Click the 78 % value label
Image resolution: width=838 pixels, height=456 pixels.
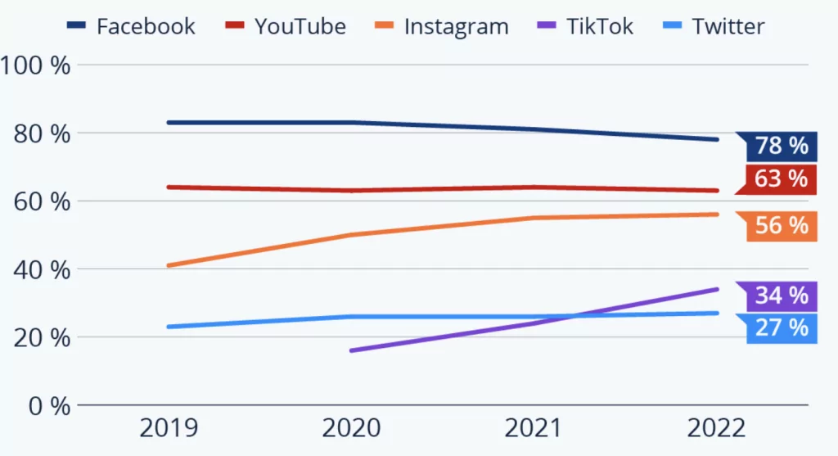point(780,147)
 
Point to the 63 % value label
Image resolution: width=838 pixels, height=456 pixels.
point(780,178)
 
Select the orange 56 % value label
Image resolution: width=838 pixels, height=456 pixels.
point(780,226)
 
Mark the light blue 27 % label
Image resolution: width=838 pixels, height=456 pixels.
point(780,327)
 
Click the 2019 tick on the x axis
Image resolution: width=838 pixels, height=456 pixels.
point(168,428)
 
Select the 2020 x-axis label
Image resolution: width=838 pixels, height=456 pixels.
point(351,428)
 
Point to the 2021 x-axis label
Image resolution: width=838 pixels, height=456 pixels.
point(534,428)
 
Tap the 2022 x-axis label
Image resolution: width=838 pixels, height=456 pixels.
point(717,428)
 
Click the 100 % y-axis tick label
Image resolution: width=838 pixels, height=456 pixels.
point(36,65)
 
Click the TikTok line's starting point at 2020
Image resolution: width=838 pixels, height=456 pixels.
point(351,350)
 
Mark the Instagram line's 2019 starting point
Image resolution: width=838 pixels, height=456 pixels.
point(168,265)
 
